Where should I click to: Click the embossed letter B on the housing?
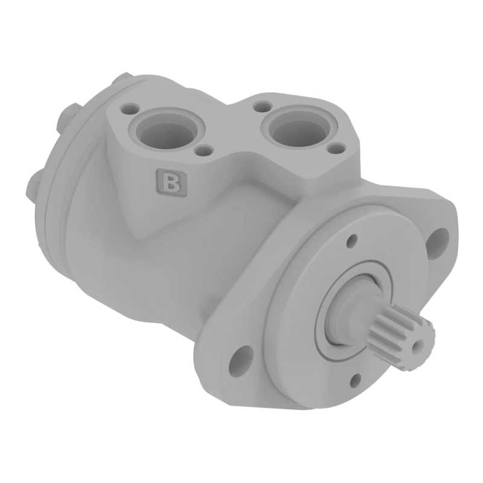(x=171, y=182)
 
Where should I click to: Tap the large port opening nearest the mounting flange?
(x=298, y=127)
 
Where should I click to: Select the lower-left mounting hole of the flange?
(x=240, y=359)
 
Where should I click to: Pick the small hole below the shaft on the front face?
(x=356, y=381)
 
